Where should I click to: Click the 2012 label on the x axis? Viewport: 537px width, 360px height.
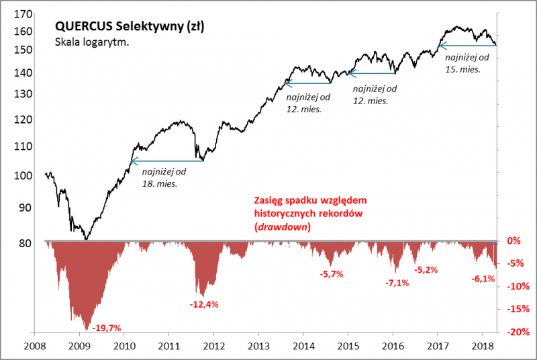[213, 347]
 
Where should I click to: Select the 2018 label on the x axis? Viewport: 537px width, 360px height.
[482, 347]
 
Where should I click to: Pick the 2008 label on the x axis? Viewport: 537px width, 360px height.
[35, 347]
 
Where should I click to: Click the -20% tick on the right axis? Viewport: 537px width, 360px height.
[515, 332]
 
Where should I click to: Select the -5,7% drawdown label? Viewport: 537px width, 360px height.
[330, 274]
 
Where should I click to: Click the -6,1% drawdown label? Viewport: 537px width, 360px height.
[481, 279]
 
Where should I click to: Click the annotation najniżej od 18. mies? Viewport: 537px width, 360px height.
[163, 177]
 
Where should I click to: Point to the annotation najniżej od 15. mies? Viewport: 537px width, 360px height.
[465, 62]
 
